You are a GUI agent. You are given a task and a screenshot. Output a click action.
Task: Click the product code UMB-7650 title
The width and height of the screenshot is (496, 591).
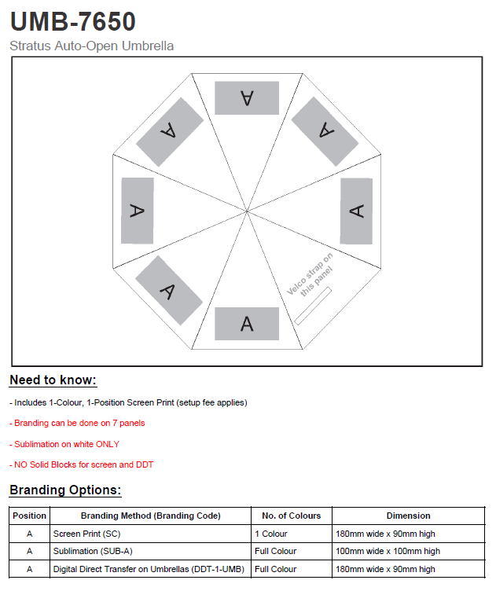tap(72, 21)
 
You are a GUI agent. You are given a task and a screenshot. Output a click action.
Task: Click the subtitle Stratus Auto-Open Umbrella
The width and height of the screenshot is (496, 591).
tap(92, 46)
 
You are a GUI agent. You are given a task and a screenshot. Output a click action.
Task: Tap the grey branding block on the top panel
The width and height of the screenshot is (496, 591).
tap(247, 97)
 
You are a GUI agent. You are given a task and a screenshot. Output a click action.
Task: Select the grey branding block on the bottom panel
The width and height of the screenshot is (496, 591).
tap(247, 323)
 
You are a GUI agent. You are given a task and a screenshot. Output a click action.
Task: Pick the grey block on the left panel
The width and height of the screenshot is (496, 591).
tap(138, 210)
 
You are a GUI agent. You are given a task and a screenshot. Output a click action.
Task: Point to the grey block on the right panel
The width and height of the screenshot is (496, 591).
tap(356, 211)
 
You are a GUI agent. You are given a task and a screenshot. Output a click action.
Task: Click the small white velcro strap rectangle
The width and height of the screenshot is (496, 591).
tap(313, 306)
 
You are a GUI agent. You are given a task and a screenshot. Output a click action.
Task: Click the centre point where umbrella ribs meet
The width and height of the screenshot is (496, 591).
tap(247, 211)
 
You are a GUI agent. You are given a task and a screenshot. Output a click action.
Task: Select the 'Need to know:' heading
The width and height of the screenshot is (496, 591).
tap(53, 380)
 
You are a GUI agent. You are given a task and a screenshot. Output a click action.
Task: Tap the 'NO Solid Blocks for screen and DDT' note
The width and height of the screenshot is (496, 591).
tap(82, 464)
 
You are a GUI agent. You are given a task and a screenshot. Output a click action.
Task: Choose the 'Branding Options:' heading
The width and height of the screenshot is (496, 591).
tap(65, 490)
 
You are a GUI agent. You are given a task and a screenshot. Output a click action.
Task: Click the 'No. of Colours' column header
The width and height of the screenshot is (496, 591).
tap(291, 516)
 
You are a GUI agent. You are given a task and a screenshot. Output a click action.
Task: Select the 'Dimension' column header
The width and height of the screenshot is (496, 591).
tap(408, 516)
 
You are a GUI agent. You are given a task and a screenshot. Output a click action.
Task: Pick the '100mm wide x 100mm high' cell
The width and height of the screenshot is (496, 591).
tap(388, 551)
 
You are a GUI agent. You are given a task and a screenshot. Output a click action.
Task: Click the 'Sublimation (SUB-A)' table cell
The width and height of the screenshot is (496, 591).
tap(86, 551)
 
